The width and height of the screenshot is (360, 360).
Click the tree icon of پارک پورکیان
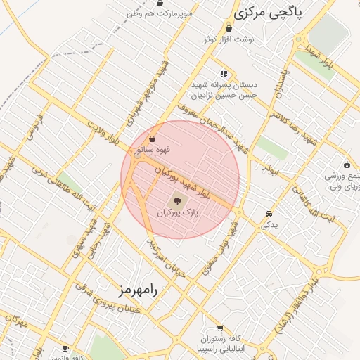(x=176, y=202)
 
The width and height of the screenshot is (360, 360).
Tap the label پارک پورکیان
(x=177, y=212)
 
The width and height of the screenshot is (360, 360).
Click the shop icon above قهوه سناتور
(x=153, y=139)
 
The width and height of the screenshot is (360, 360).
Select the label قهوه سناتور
(x=153, y=149)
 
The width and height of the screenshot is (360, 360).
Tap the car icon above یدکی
(x=269, y=214)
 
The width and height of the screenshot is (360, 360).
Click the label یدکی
(x=269, y=225)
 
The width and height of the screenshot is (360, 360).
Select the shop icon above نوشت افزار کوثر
(x=229, y=29)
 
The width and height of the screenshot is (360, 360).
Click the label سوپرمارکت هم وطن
(x=155, y=13)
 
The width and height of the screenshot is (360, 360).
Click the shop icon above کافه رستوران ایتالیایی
(x=221, y=328)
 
